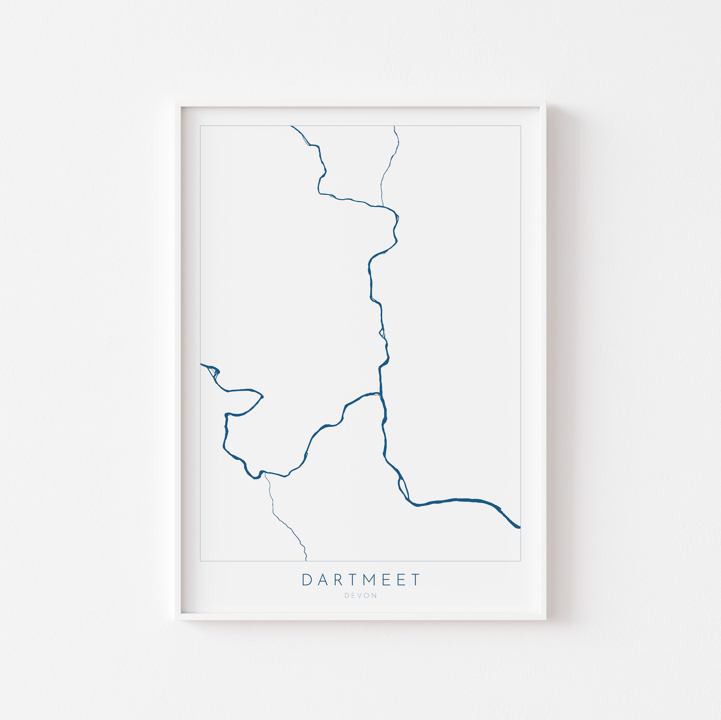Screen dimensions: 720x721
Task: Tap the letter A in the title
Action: click(322, 580)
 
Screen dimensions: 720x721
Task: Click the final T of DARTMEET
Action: click(415, 580)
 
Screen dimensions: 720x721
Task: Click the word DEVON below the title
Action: click(360, 595)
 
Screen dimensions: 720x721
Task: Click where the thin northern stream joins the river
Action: click(383, 205)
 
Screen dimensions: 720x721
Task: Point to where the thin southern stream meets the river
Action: click(265, 473)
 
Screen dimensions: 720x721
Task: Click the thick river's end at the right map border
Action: click(520, 527)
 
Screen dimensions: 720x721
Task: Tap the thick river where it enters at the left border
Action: click(201, 364)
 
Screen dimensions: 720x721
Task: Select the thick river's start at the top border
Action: click(292, 126)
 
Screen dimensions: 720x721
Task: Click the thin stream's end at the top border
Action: click(395, 126)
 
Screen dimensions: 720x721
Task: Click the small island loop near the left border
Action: click(212, 372)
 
